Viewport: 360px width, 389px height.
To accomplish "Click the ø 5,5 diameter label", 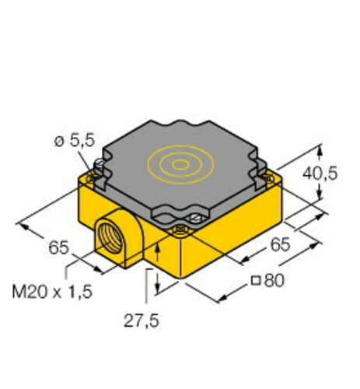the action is click(x=75, y=142).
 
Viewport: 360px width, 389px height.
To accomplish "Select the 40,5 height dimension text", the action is click(x=320, y=173).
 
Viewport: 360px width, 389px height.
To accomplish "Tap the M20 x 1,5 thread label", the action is click(x=52, y=292).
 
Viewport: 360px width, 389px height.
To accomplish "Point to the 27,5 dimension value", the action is click(x=142, y=321).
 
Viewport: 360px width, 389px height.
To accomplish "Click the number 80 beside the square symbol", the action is click(x=274, y=280).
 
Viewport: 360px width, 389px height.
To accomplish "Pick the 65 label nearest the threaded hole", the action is click(x=58, y=247).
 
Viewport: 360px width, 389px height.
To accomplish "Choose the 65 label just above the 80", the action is click(x=280, y=244).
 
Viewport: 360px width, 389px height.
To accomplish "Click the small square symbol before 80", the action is click(x=256, y=281).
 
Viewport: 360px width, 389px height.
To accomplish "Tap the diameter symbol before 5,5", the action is click(x=59, y=142).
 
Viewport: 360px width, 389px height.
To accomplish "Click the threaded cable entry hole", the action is click(x=110, y=238).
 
